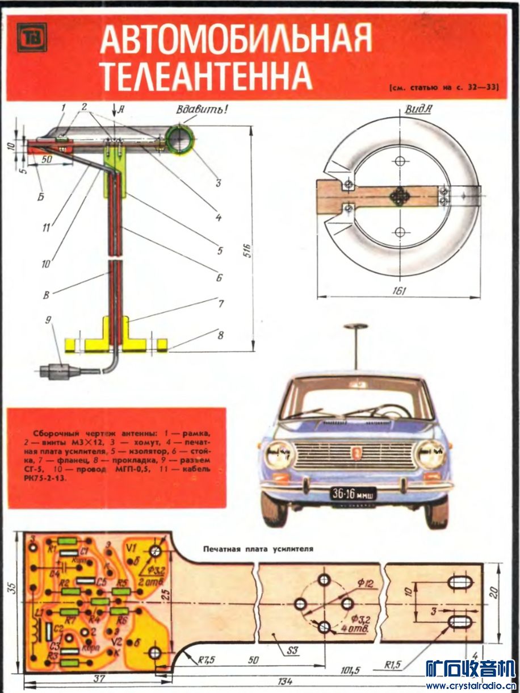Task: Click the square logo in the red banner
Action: [31, 37]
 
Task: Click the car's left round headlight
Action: [279, 454]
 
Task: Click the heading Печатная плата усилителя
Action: [258, 549]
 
